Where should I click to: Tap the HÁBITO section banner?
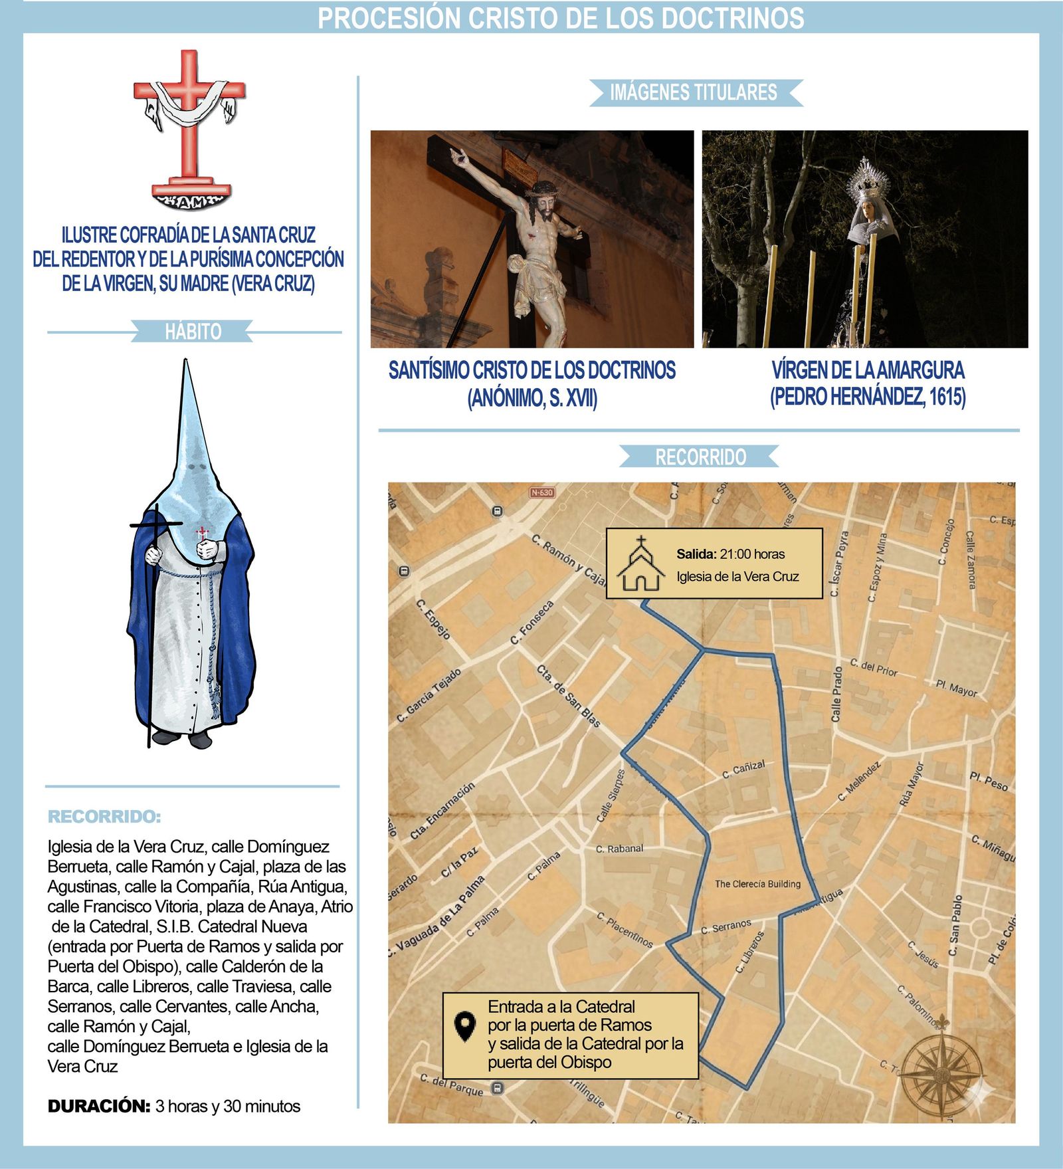coord(193,331)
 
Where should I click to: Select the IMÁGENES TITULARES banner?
coord(694,92)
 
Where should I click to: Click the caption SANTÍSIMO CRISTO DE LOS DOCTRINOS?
coord(531,370)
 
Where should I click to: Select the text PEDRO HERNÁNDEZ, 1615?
coord(868,397)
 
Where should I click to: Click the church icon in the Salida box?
coord(640,565)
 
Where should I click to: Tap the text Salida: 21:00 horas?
coord(730,554)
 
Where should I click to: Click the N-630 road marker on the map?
coord(542,492)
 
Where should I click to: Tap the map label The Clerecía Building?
coord(757,884)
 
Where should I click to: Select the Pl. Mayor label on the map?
coord(956,688)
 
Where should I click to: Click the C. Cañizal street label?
coord(743,770)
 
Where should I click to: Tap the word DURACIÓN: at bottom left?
coord(99,1106)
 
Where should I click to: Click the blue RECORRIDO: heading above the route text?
coord(104,816)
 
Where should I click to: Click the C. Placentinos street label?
coord(625,930)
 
